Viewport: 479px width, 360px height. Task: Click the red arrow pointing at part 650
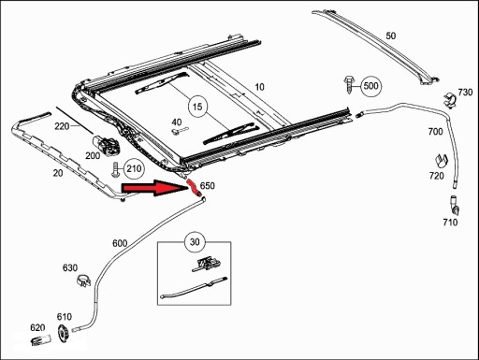[x=154, y=188]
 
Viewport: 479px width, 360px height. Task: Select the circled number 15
[x=197, y=107]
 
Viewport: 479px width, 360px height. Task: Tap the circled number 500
[x=370, y=86]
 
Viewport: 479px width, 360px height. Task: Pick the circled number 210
[x=134, y=168]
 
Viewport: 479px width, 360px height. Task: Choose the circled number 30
[x=195, y=241]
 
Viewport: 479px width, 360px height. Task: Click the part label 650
[x=208, y=186]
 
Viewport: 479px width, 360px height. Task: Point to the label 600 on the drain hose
[x=120, y=243]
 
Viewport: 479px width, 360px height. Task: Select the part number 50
[x=391, y=36]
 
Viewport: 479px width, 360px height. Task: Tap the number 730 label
[x=465, y=93]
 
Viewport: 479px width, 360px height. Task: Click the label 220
[x=62, y=126]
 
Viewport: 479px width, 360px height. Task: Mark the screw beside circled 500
[x=349, y=84]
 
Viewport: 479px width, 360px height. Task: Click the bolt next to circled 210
[x=116, y=169]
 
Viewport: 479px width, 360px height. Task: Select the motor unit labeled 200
[x=106, y=144]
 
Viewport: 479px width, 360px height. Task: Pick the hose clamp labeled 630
[x=83, y=281]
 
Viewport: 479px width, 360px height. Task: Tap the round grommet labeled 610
[x=64, y=334]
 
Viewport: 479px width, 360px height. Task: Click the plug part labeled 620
[x=40, y=339]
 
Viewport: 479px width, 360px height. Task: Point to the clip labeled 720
[x=442, y=162]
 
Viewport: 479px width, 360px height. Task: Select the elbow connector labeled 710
[x=454, y=205]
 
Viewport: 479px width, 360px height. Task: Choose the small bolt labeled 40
[x=181, y=131]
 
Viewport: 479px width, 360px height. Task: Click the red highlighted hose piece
[x=194, y=188]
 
